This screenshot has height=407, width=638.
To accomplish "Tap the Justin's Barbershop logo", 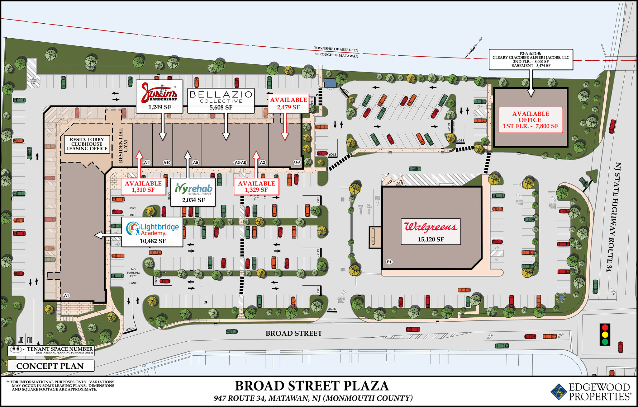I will click(x=159, y=93).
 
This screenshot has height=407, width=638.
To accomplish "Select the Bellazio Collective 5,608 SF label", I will click(x=221, y=100).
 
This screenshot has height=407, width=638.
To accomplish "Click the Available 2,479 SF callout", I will click(x=288, y=103).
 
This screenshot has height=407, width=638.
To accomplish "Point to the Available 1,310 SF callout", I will click(x=143, y=186).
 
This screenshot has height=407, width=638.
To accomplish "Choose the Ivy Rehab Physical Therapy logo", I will click(x=193, y=189).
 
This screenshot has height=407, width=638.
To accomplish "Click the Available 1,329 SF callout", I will click(x=256, y=186).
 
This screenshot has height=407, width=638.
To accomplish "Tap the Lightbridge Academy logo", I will click(x=152, y=229).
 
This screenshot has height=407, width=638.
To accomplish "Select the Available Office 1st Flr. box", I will click(x=531, y=120).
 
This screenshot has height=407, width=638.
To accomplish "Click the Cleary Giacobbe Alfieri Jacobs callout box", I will click(x=531, y=59).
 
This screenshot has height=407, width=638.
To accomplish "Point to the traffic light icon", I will click(x=605, y=334).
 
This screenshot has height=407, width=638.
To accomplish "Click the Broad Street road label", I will click(x=294, y=333).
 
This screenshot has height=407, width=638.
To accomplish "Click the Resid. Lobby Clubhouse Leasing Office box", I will click(x=87, y=144).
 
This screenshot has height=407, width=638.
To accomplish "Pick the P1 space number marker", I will click(x=389, y=262).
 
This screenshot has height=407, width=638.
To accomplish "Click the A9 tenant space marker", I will click(x=195, y=162).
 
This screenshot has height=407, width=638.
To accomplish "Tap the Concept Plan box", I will click(x=50, y=366).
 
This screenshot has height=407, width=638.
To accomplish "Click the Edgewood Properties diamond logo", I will click(x=559, y=391).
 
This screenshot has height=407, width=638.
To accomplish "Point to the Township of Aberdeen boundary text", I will click(x=336, y=49).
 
